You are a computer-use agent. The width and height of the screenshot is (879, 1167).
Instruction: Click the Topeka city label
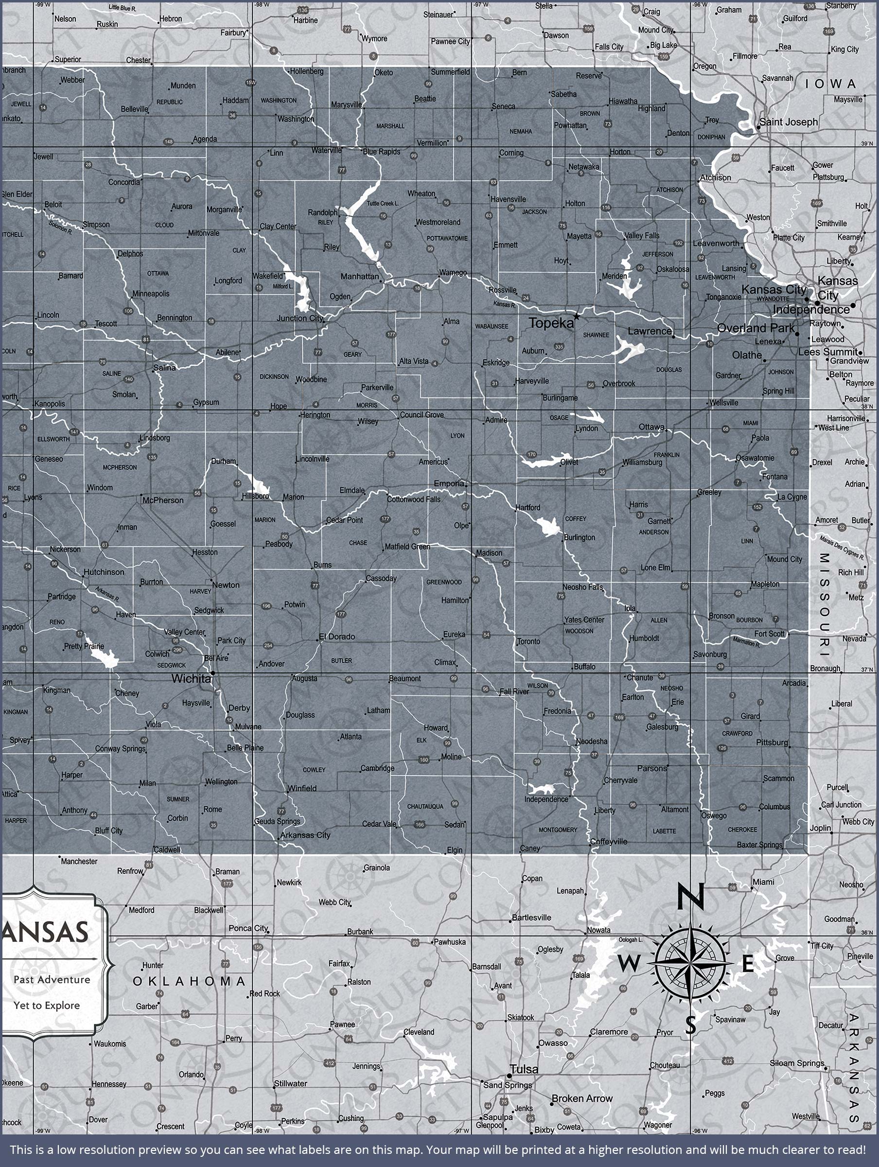point(551,323)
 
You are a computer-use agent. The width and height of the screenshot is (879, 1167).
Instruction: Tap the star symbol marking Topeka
point(576,317)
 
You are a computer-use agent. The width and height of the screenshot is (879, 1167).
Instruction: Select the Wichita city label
point(191,679)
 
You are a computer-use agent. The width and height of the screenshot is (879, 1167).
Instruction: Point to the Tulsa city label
point(524,1069)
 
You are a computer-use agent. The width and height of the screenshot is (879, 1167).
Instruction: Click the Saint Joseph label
point(788,122)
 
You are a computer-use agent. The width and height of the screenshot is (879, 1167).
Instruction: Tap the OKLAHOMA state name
point(189,981)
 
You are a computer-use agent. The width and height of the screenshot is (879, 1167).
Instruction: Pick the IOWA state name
point(830,84)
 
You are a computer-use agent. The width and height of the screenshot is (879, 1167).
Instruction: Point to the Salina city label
point(164,367)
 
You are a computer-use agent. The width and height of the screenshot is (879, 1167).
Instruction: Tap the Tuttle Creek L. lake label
point(383,203)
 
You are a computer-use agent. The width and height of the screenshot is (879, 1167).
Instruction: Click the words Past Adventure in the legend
point(52,980)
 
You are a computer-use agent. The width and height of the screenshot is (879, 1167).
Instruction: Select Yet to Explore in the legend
point(47,1005)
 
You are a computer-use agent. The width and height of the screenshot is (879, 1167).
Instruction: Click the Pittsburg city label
point(772,743)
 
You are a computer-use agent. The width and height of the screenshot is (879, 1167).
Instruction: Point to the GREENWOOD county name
point(444,582)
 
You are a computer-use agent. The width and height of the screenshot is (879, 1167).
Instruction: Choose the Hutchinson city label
point(104,572)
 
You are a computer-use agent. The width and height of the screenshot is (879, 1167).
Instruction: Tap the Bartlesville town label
point(531,918)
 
